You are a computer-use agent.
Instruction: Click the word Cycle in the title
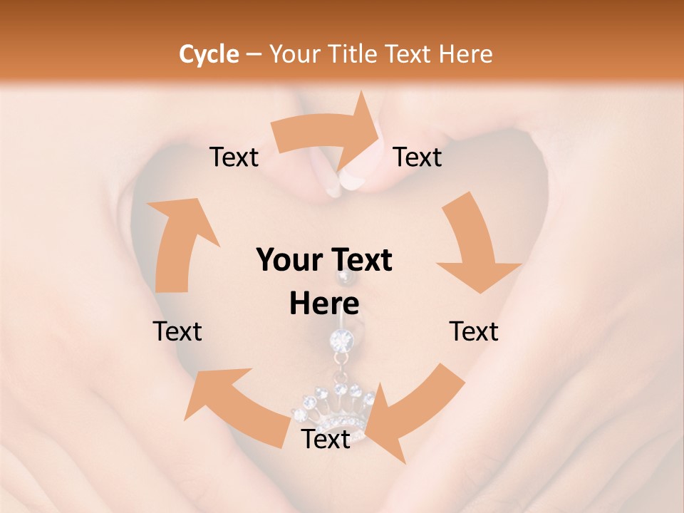tap(209, 54)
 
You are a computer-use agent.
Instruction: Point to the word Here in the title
tap(466, 54)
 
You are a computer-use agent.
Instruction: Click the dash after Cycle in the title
tap(253, 55)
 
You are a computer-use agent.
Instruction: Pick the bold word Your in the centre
tap(289, 261)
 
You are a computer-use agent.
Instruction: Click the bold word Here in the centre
tap(324, 304)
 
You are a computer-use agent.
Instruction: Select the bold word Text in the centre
tap(362, 261)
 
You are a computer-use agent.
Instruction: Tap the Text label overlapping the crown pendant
tap(326, 439)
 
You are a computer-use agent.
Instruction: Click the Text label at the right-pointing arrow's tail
tap(234, 157)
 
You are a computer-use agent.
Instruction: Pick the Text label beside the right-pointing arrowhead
tap(418, 157)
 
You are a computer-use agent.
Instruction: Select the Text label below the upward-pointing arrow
tap(177, 331)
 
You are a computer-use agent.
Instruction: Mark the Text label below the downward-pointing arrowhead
tap(474, 331)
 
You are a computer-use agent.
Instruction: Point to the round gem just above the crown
tap(341, 341)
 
